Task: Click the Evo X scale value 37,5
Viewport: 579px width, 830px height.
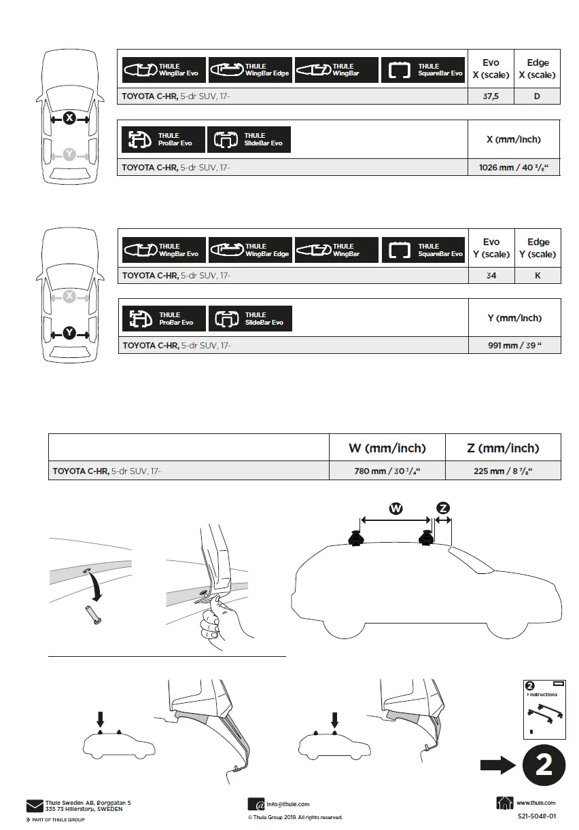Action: pos(491,96)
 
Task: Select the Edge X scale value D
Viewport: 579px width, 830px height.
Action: pos(537,96)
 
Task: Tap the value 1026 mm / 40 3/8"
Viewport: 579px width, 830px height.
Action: pos(514,167)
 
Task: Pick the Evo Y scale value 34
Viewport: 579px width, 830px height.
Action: pos(491,276)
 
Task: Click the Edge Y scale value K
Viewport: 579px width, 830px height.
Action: pos(538,276)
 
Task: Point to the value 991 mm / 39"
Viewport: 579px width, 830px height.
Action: pos(514,345)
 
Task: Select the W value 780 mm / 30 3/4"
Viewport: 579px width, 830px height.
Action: pos(387,471)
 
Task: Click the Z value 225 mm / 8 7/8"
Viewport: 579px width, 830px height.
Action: pos(503,471)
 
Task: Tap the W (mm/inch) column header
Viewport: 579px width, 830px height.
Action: pos(387,448)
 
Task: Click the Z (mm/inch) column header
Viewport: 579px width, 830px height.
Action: pos(503,448)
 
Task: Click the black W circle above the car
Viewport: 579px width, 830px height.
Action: pos(396,507)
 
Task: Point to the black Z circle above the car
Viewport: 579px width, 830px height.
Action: pos(443,507)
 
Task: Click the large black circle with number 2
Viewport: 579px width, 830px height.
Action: pos(543,765)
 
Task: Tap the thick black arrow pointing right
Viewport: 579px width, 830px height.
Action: pos(498,765)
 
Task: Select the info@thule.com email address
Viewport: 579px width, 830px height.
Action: pos(287,804)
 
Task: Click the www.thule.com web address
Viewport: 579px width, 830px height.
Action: pos(536,803)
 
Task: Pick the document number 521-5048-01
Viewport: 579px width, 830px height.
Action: pos(536,816)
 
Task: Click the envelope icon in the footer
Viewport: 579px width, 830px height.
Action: pos(34,806)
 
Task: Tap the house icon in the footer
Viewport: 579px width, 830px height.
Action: pos(505,804)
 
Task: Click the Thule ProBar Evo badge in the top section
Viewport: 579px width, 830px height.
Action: pos(163,139)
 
